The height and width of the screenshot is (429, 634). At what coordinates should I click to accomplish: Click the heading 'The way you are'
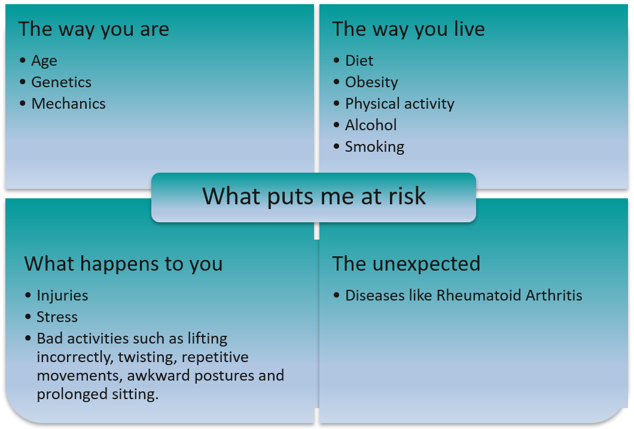pyautogui.click(x=93, y=29)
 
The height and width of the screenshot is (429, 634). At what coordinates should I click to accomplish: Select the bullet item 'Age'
pyautogui.click(x=44, y=61)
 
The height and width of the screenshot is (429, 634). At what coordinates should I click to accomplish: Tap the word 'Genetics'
pyautogui.click(x=61, y=82)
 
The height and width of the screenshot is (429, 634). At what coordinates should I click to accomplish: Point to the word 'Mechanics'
pyautogui.click(x=68, y=104)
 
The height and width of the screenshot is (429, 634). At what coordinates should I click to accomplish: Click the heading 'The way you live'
pyautogui.click(x=409, y=29)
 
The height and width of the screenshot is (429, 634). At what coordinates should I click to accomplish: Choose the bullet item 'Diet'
pyautogui.click(x=359, y=61)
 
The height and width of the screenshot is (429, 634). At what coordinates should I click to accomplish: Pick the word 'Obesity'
pyautogui.click(x=371, y=82)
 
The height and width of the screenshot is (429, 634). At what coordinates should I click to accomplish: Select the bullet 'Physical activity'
pyautogui.click(x=400, y=104)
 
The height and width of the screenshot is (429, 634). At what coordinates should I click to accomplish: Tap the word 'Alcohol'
pyautogui.click(x=371, y=125)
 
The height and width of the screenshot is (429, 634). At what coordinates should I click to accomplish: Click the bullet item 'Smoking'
pyautogui.click(x=374, y=147)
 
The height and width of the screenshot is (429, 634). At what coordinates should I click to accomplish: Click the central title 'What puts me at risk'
pyautogui.click(x=314, y=197)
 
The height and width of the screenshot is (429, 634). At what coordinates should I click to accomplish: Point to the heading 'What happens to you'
pyautogui.click(x=123, y=263)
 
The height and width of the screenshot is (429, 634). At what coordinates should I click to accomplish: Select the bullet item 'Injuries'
pyautogui.click(x=62, y=296)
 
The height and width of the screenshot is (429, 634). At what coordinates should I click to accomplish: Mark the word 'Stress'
pyautogui.click(x=57, y=317)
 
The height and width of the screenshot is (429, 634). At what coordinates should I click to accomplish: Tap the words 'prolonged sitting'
pyautogui.click(x=97, y=395)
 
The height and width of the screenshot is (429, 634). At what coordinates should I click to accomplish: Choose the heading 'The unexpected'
pyautogui.click(x=406, y=263)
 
